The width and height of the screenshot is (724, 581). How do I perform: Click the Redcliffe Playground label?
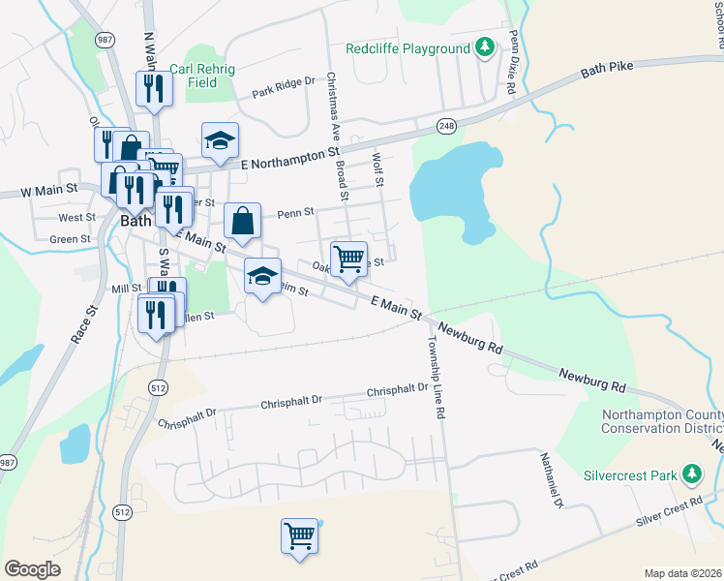point(408,48)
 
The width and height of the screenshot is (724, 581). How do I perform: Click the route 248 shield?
point(446,126)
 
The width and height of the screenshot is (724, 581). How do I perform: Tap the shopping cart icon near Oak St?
point(348,259)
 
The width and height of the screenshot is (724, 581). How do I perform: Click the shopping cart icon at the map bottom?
point(300,535)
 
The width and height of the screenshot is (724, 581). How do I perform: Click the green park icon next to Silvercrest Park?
point(691,474)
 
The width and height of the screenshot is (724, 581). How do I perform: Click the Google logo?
point(32,568)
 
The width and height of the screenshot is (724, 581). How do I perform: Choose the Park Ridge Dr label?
point(284,88)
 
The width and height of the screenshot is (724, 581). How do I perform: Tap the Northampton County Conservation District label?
point(661,422)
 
